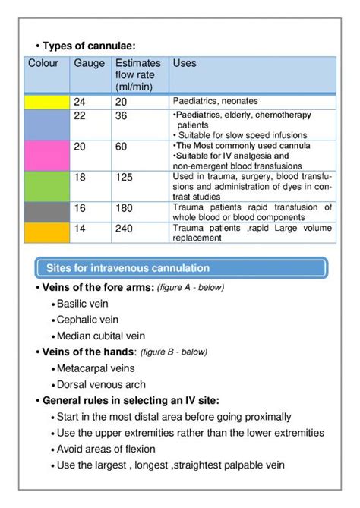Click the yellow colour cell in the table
coord(47,102)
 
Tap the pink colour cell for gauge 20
coord(47,156)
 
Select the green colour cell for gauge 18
coord(47,186)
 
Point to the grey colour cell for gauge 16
coord(47,212)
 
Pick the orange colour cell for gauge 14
coord(47,232)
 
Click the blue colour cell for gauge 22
coord(47,124)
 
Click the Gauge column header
coord(90,63)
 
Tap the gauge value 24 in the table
coord(80,101)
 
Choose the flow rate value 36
coord(122,115)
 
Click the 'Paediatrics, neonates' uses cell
coord(216,101)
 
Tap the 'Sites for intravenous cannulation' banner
coord(182,268)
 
